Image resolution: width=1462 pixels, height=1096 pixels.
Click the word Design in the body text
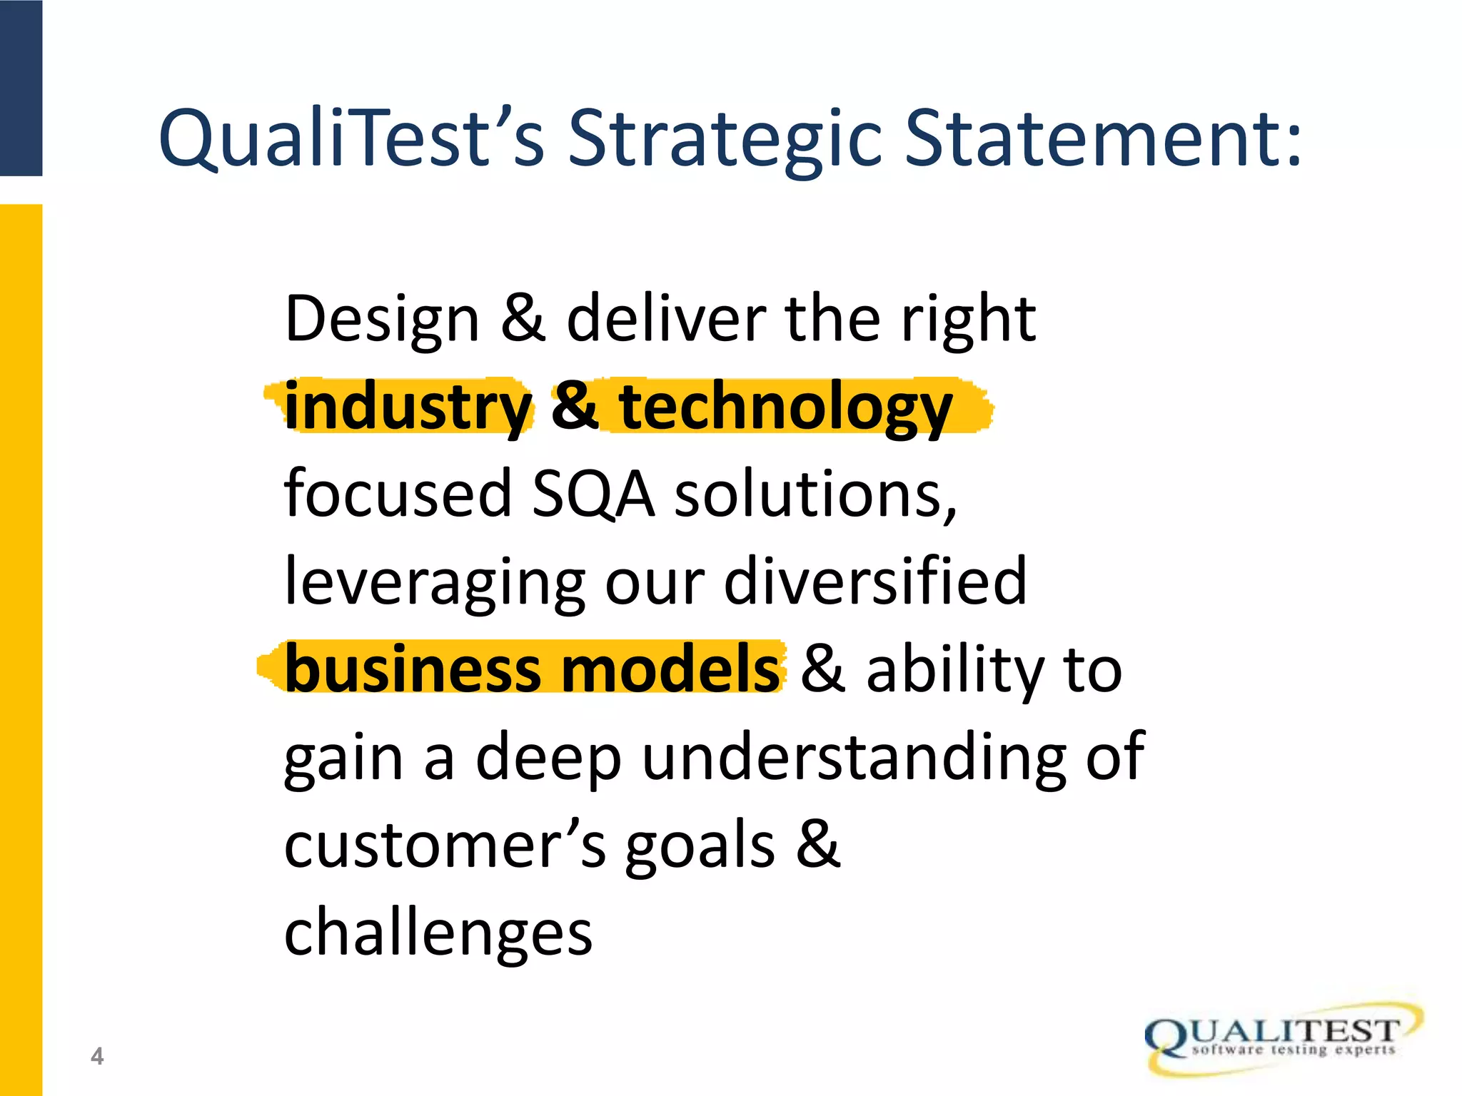[x=381, y=319]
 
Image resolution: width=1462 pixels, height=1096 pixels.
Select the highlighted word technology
[x=785, y=407]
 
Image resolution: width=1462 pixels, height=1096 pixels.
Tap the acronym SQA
[x=593, y=494]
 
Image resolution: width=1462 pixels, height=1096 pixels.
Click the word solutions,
[x=815, y=494]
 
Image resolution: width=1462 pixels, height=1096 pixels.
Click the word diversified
[x=875, y=581]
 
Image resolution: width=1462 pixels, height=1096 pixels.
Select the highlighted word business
[x=413, y=669]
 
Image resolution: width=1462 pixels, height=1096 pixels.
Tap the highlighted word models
[x=672, y=669]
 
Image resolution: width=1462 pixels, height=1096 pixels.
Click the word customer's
[x=445, y=845]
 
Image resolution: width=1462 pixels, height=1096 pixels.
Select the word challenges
[x=438, y=933]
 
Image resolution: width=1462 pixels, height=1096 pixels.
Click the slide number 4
[x=97, y=1056]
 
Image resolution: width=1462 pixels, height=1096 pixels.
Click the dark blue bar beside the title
[x=21, y=88]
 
